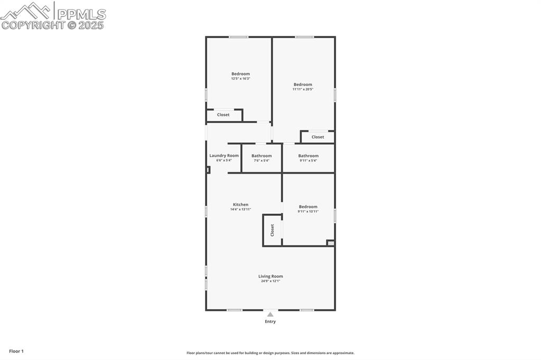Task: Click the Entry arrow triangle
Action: (270, 314)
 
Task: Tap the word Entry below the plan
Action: (270, 321)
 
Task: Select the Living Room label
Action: (270, 276)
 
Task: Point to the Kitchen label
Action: (240, 204)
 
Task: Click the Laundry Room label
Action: (224, 155)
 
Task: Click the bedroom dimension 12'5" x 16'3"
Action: (240, 79)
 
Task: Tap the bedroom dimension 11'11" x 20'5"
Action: (303, 89)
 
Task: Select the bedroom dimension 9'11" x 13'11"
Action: (308, 212)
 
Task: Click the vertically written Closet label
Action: (273, 230)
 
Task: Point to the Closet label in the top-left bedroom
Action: (223, 115)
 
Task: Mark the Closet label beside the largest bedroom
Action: (318, 137)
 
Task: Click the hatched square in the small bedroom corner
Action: (331, 243)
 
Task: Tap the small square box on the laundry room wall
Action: (208, 169)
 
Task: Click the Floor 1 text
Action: (16, 351)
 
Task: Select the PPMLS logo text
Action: (81, 14)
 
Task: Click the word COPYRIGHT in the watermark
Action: (33, 25)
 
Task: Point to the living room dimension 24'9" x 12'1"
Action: (270, 281)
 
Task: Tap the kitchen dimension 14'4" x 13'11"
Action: (240, 210)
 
